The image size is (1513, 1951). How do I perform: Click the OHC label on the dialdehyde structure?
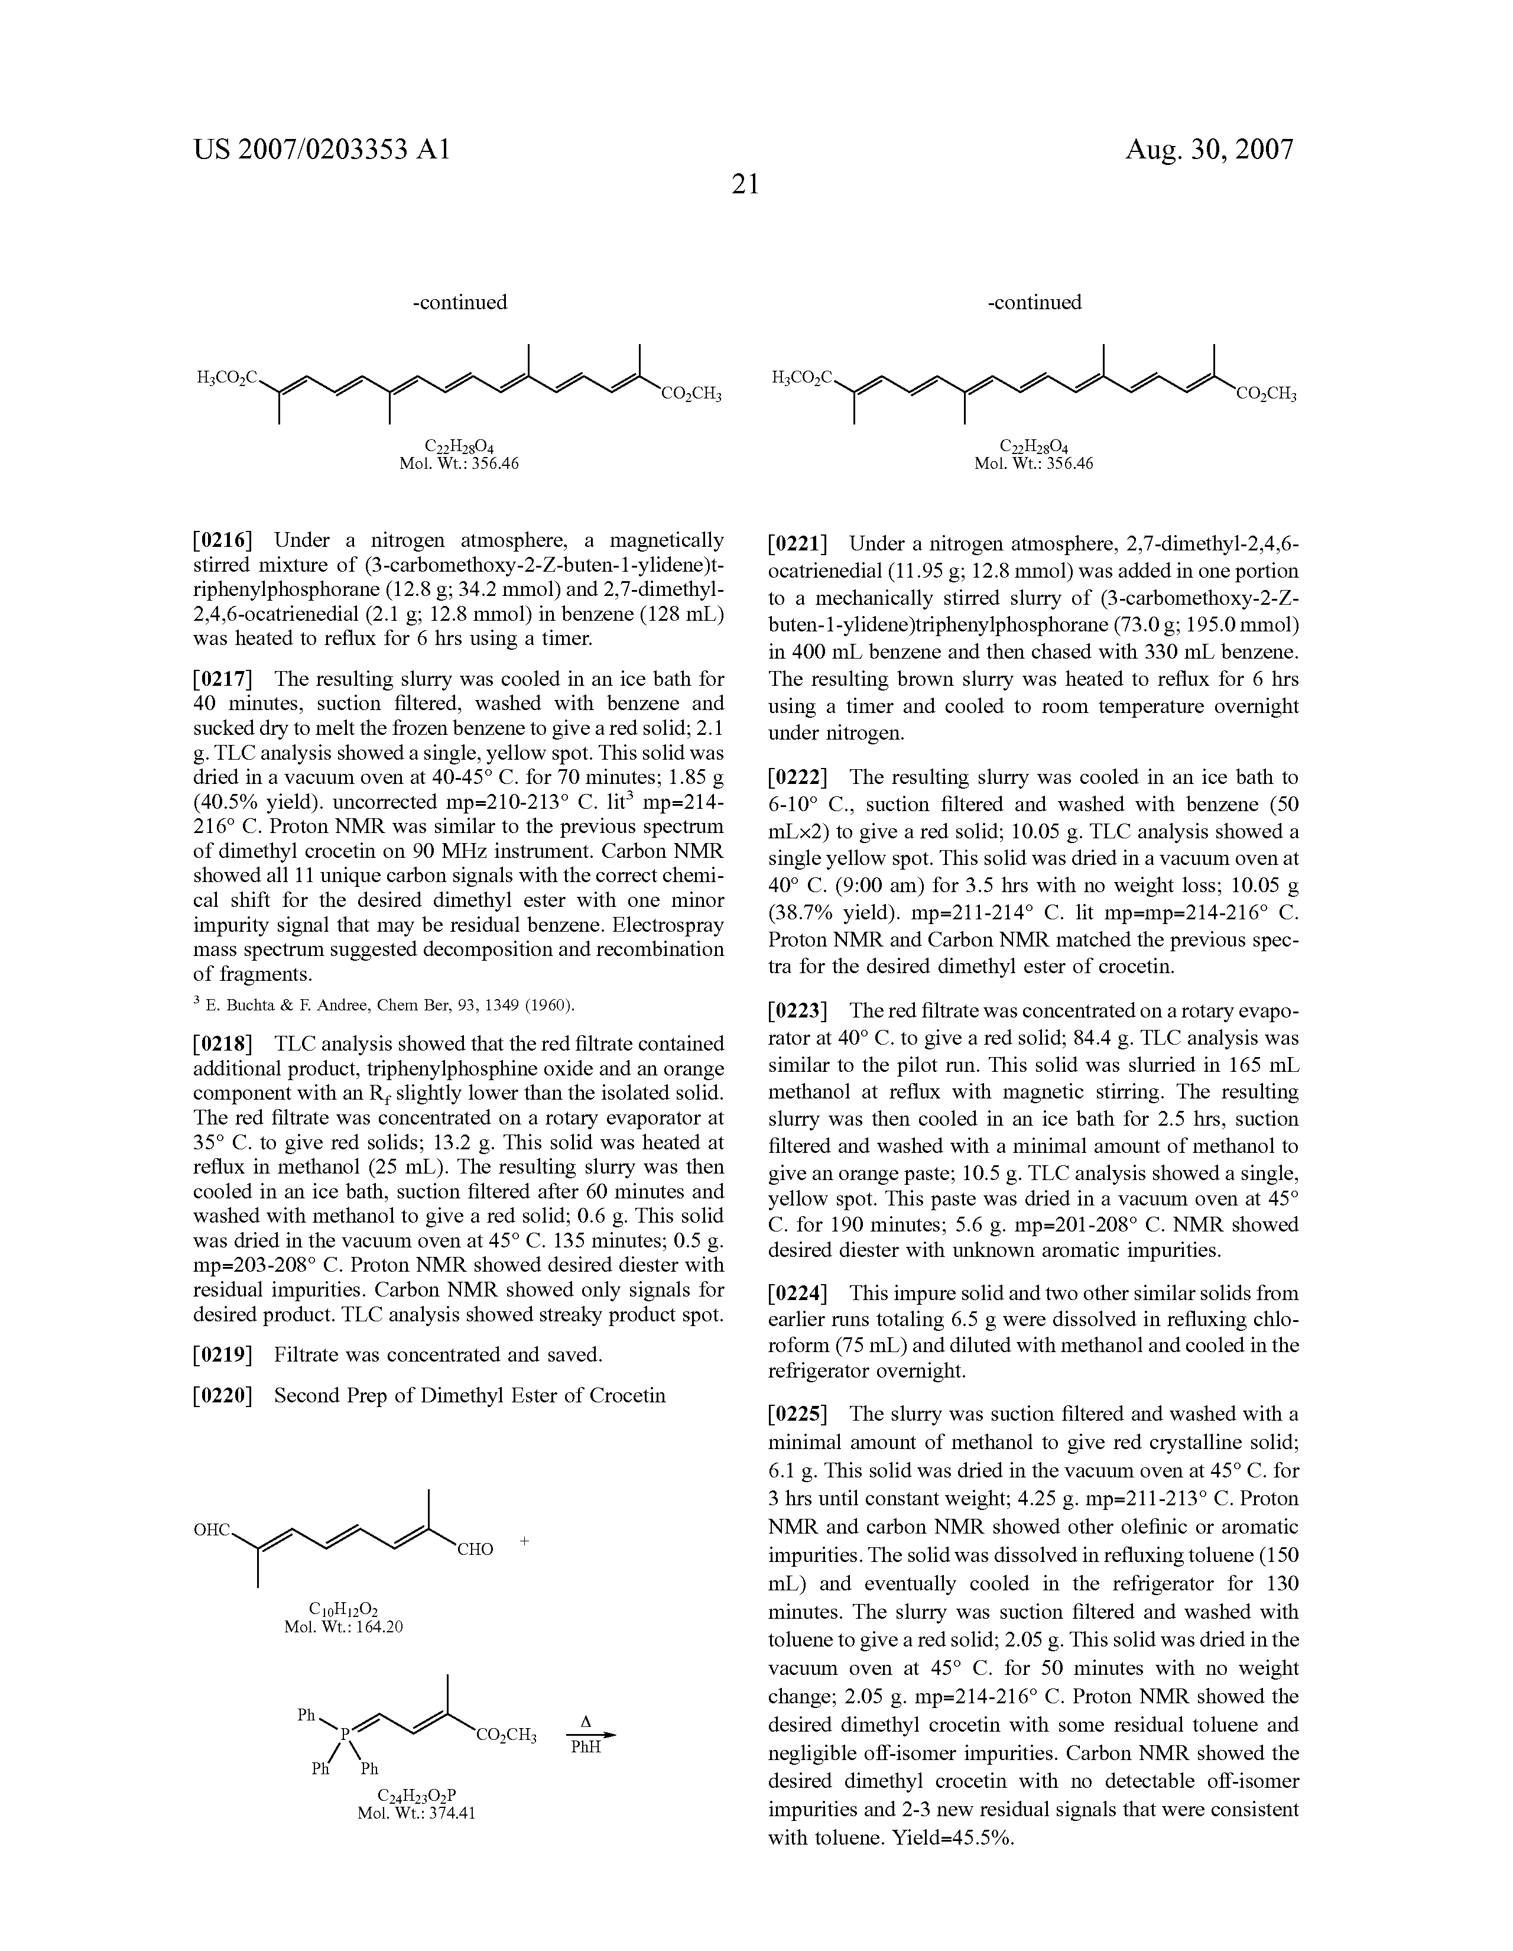[x=213, y=1530]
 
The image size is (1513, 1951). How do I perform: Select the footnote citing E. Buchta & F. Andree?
[x=384, y=1006]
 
